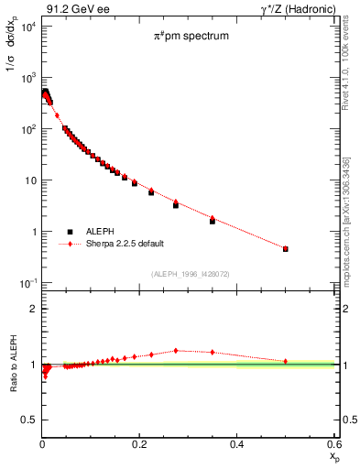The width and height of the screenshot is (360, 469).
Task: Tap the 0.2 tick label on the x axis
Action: [x=139, y=443]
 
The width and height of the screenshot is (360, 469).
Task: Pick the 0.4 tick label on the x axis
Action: [x=237, y=443]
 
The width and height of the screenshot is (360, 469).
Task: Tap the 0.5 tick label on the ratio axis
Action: [x=27, y=420]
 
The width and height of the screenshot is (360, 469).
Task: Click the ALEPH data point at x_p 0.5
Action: [x=286, y=249]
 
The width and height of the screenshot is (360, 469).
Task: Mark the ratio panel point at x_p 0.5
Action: [x=286, y=361]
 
